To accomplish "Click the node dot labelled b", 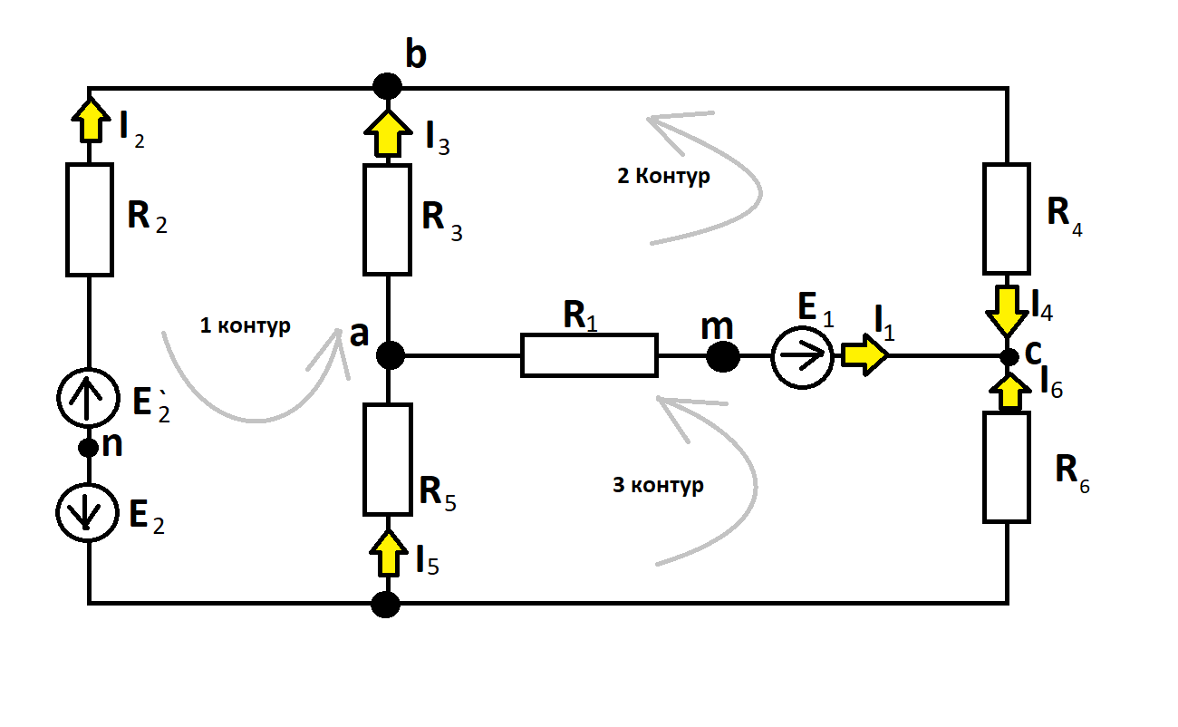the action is (x=388, y=86).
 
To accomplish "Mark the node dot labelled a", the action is (x=391, y=355).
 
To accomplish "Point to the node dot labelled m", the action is (x=722, y=357).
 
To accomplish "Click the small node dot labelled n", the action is (x=89, y=448).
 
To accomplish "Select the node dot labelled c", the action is (x=1009, y=357).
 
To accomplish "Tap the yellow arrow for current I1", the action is (x=865, y=355).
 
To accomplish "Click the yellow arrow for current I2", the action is (x=91, y=120).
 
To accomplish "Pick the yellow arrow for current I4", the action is (x=1007, y=310).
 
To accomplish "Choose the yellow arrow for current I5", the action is (x=388, y=553).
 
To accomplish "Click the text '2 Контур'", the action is (x=663, y=176).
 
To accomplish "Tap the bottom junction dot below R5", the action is (x=385, y=605).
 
